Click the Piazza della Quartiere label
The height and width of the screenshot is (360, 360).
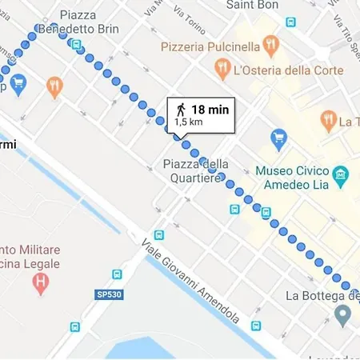pyautogui.click(x=195, y=171)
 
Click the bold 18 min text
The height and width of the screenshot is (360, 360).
pyautogui.click(x=210, y=110)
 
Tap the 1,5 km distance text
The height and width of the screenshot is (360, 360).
pyautogui.click(x=189, y=122)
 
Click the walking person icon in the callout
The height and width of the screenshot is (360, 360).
pyautogui.click(x=182, y=110)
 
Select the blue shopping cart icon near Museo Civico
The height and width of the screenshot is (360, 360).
pyautogui.click(x=279, y=139)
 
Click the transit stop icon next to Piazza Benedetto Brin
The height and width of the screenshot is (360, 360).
pyautogui.click(x=77, y=45)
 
